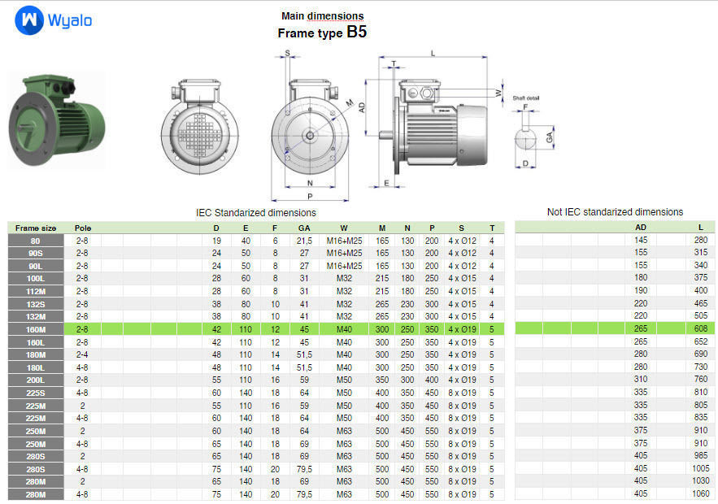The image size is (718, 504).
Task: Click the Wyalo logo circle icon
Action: pos(28,20)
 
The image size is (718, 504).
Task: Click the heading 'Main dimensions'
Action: pos(322,15)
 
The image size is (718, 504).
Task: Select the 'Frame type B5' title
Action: pos(322,33)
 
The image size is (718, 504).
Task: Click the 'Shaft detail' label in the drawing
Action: pos(525,98)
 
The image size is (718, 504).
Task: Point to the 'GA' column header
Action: pos(304,228)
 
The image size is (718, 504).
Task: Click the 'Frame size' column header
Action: pos(36,228)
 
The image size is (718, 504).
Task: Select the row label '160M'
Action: pos(36,329)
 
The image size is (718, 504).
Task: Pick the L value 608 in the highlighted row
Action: pos(700,329)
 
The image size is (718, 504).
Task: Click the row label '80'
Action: pos(36,241)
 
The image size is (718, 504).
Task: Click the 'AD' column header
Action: pos(641,228)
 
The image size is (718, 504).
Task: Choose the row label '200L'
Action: pos(36,380)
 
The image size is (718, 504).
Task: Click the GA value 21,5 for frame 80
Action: pos(304,241)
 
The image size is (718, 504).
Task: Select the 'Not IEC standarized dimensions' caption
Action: pos(615,212)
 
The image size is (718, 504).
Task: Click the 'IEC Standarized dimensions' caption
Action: pos(256,212)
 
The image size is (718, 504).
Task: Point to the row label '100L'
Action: pos(36,278)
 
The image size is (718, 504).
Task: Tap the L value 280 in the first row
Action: pos(700,241)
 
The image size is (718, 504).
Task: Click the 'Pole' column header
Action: pos(83,228)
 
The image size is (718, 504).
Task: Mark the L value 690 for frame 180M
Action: pos(700,354)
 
